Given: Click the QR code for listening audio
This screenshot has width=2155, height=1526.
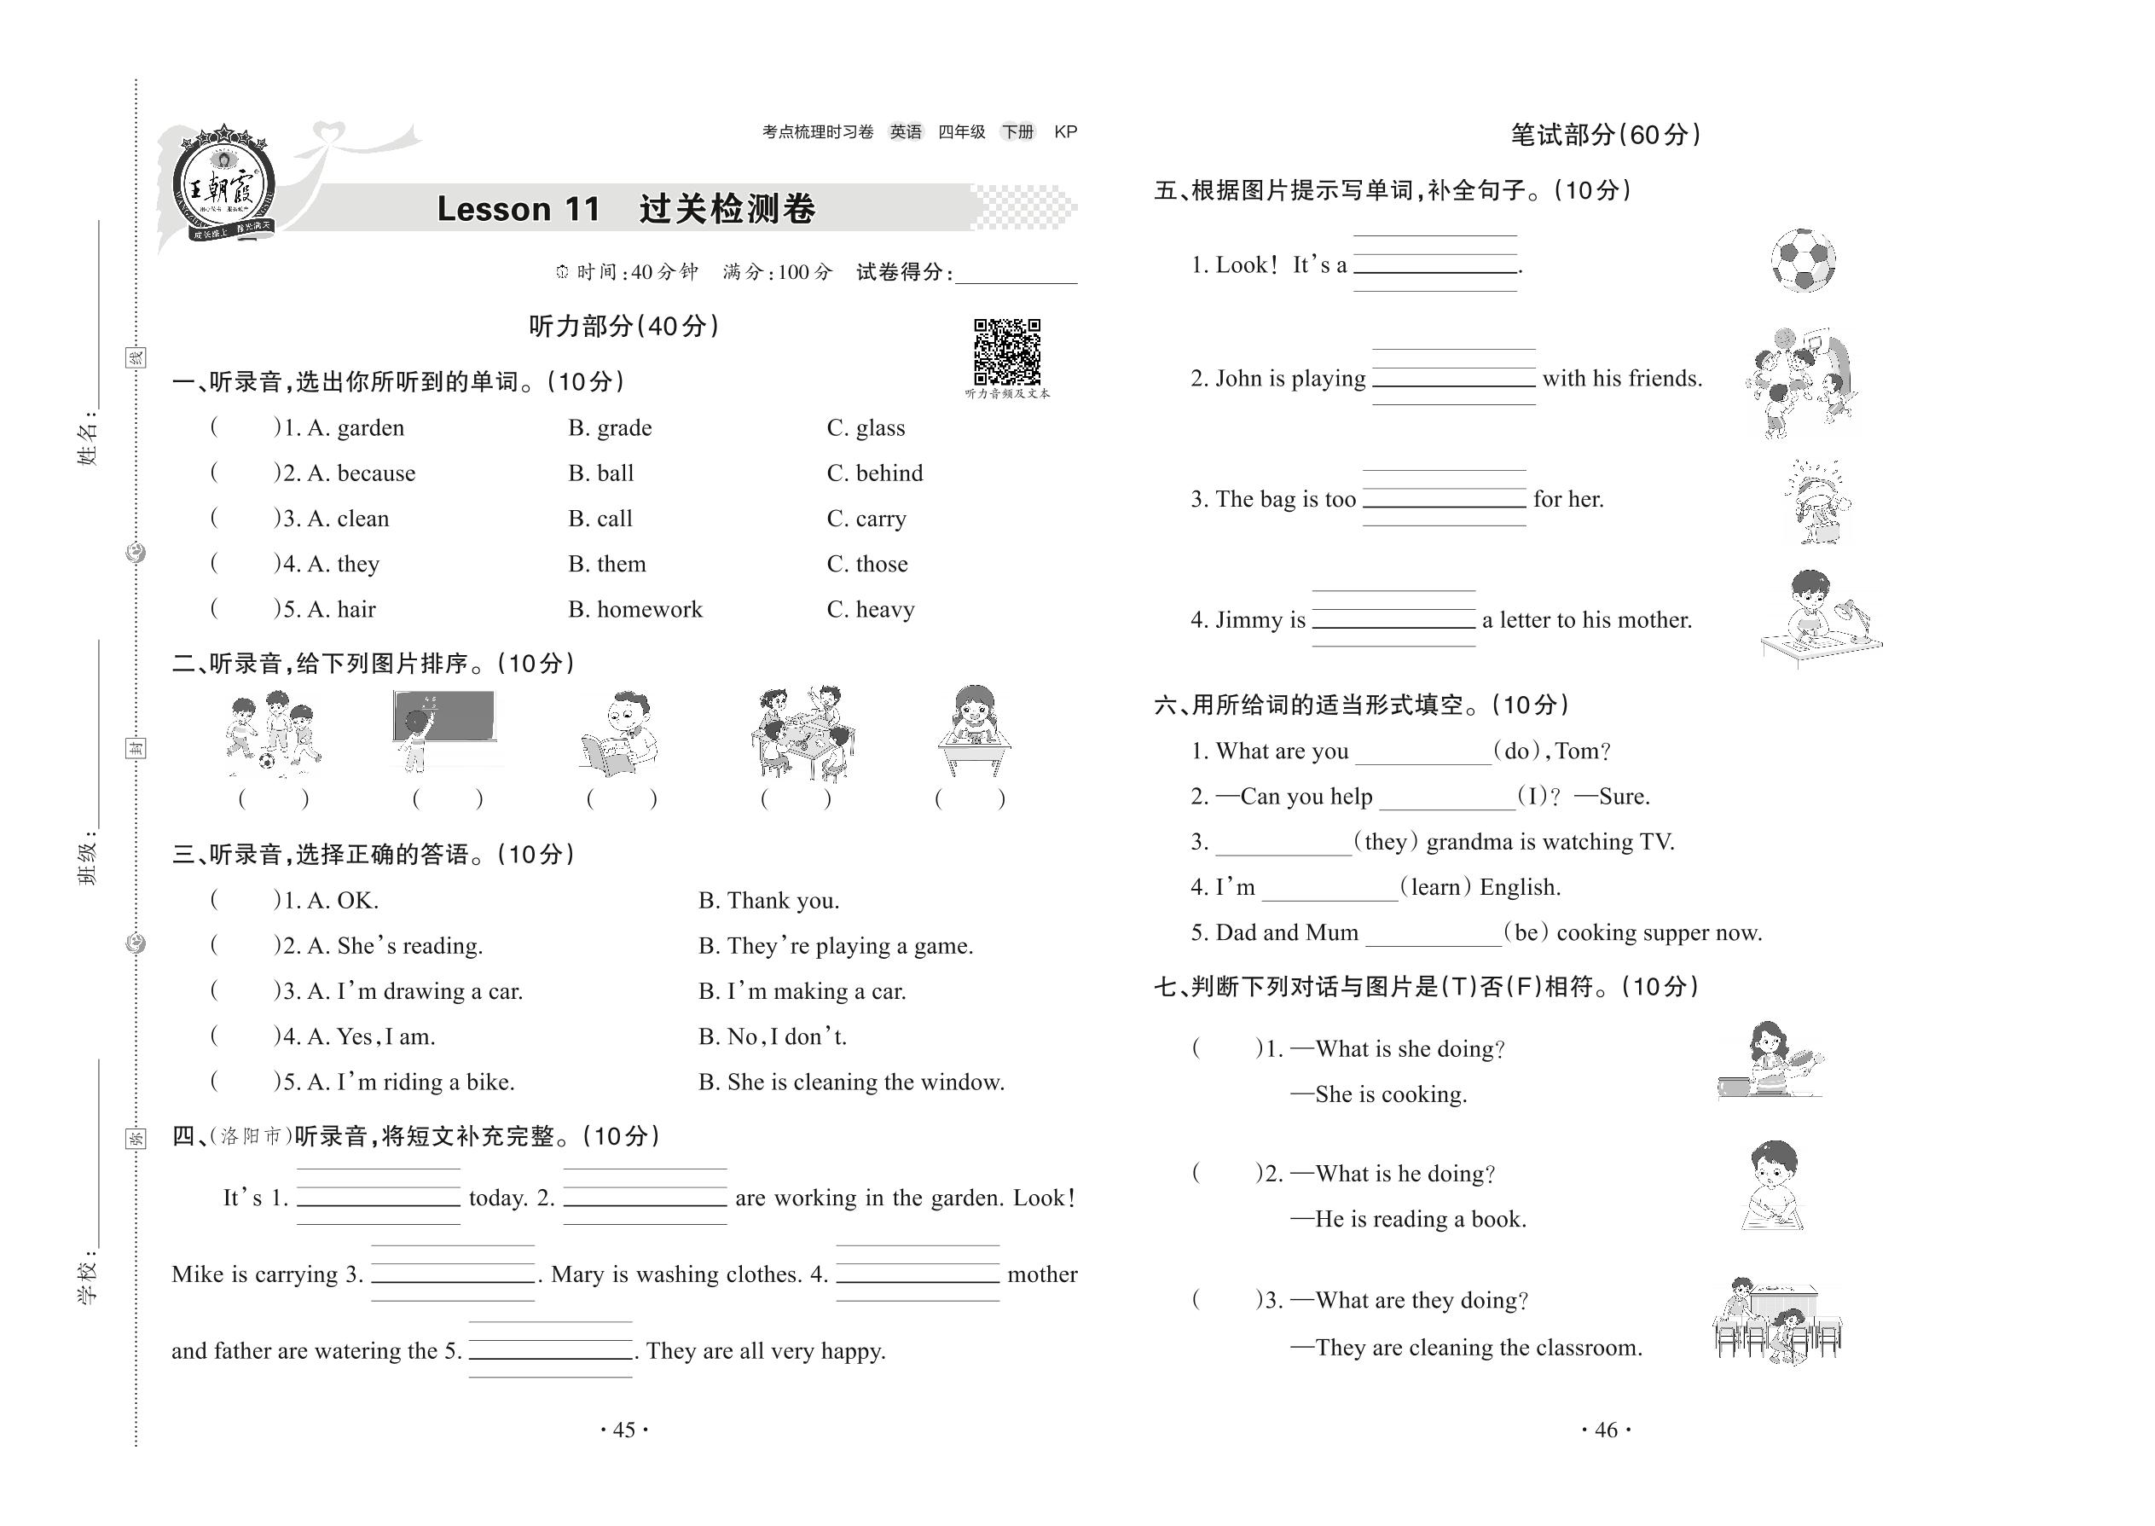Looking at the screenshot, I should click(1006, 351).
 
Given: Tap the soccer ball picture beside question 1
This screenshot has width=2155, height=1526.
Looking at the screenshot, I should click(1803, 259).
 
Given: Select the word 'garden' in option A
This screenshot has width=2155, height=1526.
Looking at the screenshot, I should click(370, 428).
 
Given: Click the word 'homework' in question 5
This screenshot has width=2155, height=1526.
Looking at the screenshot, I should click(649, 610).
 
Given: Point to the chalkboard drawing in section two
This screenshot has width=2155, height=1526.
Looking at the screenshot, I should click(443, 729).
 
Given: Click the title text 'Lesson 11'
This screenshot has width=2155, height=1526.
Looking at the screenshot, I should click(518, 209).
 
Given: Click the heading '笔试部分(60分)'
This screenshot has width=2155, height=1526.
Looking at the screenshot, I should click(1606, 136).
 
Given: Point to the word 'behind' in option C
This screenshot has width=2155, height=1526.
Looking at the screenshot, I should click(889, 473).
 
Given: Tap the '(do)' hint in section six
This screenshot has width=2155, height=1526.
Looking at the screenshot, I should click(1516, 751).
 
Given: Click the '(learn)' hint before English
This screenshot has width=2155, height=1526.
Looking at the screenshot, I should click(1434, 888).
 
